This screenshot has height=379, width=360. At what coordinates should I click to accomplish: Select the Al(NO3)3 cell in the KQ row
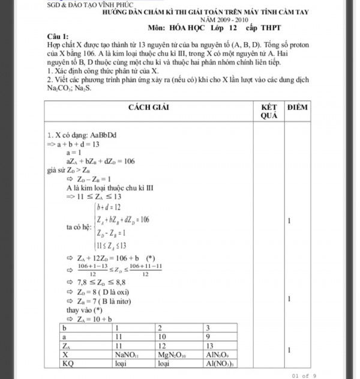pyautogui.click(x=224, y=363)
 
